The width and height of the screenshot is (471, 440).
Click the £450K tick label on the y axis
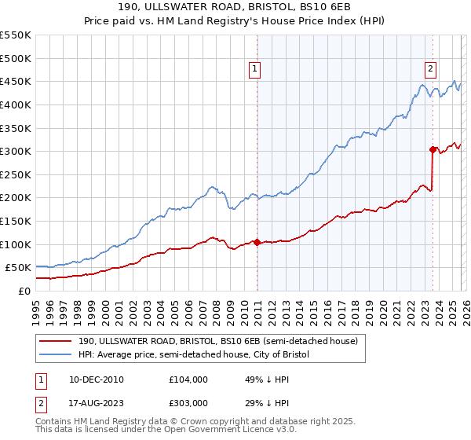coord(16,82)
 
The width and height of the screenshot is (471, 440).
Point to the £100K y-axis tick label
coord(16,244)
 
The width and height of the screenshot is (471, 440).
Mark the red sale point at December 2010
coord(257,242)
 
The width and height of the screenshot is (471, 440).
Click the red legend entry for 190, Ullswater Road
coord(218,341)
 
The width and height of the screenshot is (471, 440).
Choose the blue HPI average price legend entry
coord(194,355)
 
